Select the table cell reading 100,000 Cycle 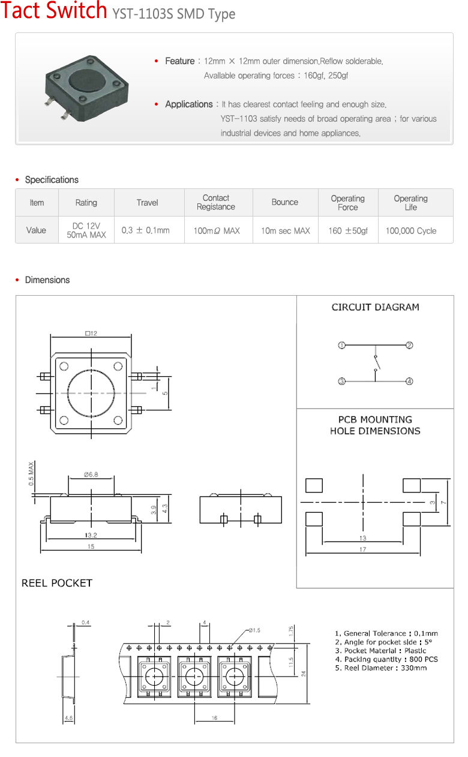(x=411, y=230)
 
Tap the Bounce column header (x=284, y=202)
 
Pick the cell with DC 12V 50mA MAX (x=86, y=230)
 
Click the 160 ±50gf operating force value (x=348, y=230)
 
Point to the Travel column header (x=147, y=203)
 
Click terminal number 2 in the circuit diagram (x=409, y=346)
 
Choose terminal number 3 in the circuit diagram (x=341, y=381)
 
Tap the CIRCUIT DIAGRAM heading (x=375, y=307)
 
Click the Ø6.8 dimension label (x=91, y=474)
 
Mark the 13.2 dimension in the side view (x=91, y=535)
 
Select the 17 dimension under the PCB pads (x=362, y=549)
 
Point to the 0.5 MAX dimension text (x=31, y=474)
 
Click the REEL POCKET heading (x=57, y=583)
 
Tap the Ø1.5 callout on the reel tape (x=254, y=630)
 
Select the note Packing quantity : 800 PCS (x=386, y=659)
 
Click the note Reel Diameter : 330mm (x=380, y=668)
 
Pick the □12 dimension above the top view (x=91, y=334)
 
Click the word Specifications (x=52, y=180)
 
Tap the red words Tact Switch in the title (x=54, y=12)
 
